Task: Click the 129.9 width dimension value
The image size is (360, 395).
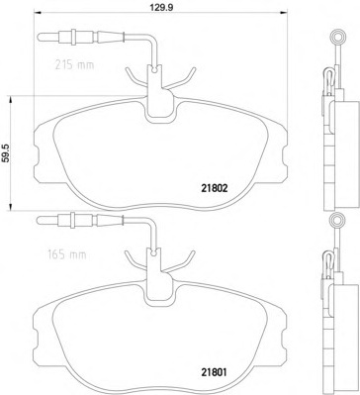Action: tap(162, 8)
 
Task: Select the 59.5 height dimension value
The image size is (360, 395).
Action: tap(6, 153)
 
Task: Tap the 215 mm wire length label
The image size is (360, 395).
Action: tap(74, 65)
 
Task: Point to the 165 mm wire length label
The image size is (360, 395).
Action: tap(65, 254)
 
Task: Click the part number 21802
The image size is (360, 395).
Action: tap(213, 188)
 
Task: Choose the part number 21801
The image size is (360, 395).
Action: tap(214, 373)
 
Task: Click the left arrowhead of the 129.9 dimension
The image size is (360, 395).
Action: tap(38, 13)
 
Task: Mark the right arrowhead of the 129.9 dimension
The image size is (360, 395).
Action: tap(284, 13)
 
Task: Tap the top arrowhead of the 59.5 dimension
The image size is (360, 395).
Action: tap(11, 100)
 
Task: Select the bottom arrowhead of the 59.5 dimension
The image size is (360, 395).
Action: tap(11, 207)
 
